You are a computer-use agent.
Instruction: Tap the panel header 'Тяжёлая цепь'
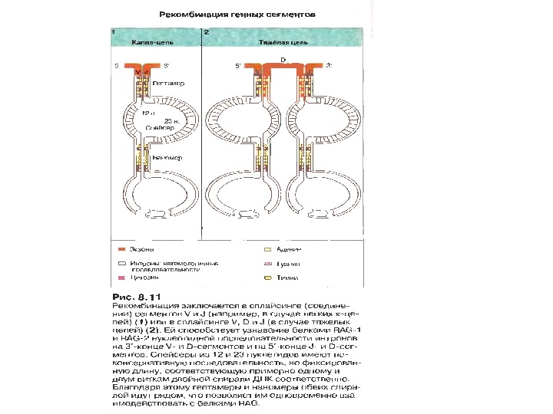(282, 43)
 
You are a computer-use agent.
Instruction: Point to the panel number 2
(207, 33)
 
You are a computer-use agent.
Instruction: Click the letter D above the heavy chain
(283, 58)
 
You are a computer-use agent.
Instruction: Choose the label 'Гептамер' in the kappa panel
(167, 81)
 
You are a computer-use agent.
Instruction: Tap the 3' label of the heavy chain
(329, 67)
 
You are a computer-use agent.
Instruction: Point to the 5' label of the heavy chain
(238, 67)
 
